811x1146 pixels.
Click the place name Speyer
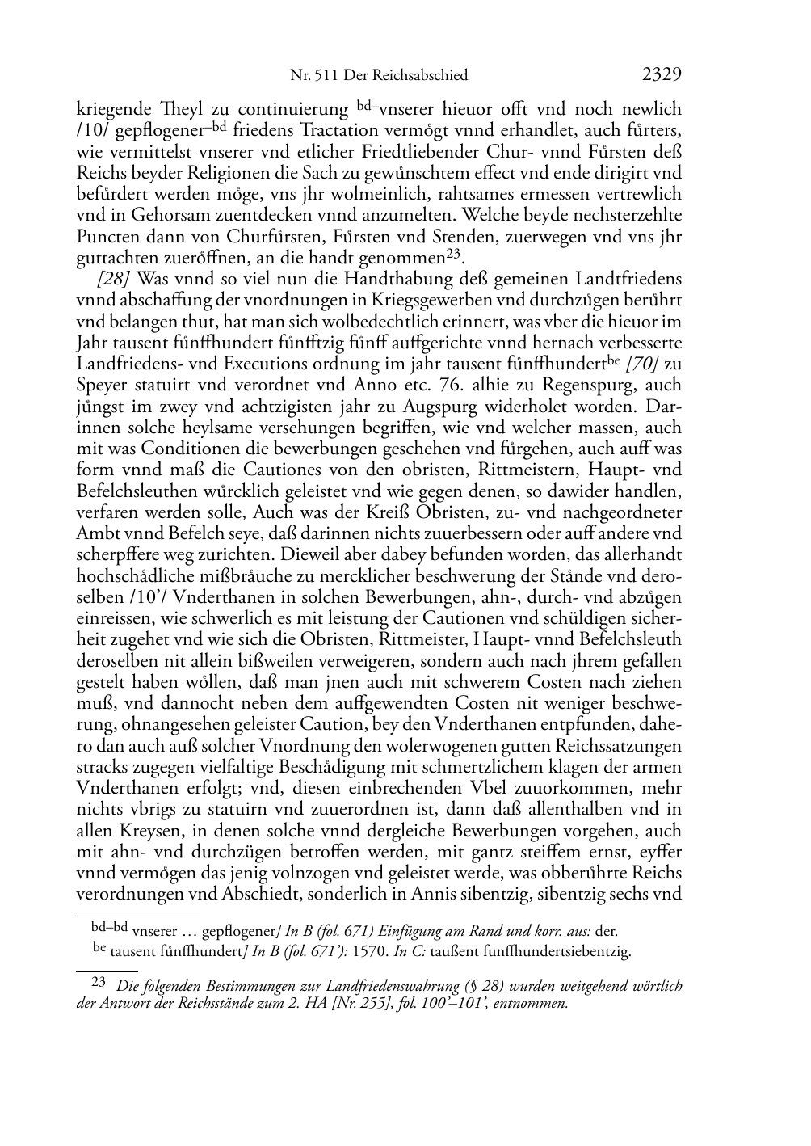click(x=100, y=385)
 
